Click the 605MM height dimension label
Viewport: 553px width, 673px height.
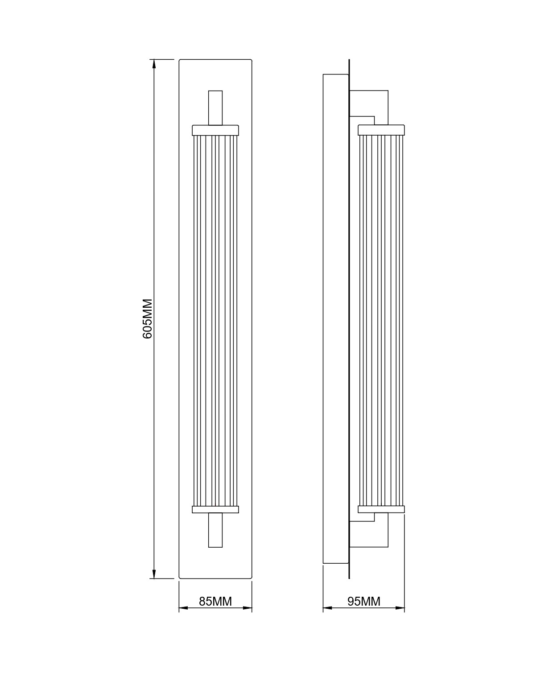click(148, 318)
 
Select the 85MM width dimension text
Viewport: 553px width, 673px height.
click(215, 601)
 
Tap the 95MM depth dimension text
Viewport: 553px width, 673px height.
click(364, 601)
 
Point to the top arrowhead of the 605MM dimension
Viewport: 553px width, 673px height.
click(154, 63)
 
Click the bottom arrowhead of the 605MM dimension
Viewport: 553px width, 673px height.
click(154, 574)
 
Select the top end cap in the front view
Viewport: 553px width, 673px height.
click(215, 130)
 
